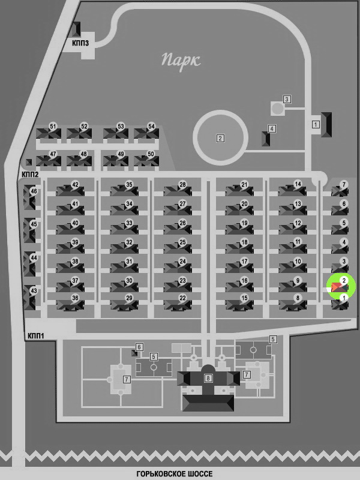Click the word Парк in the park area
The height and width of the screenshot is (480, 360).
click(x=181, y=62)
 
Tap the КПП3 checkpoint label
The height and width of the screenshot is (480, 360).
click(x=80, y=43)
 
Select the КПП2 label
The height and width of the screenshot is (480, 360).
click(x=30, y=175)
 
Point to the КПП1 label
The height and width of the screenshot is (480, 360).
click(x=36, y=336)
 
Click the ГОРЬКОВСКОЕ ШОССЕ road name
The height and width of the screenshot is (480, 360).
click(x=175, y=474)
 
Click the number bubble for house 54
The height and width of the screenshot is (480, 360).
click(x=151, y=127)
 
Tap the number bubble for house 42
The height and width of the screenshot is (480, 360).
click(x=75, y=185)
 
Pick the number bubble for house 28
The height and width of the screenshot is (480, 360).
click(x=182, y=185)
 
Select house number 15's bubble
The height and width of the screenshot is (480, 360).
click(x=244, y=298)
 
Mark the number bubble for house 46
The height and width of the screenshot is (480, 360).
click(x=34, y=191)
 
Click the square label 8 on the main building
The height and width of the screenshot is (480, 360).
click(x=208, y=378)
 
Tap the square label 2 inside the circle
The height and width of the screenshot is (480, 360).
click(x=220, y=139)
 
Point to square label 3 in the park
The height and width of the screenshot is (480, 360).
click(x=287, y=99)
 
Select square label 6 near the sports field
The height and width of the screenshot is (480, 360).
click(x=139, y=347)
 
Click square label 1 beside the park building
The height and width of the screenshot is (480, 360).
click(x=316, y=125)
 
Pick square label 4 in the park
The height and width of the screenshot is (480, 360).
click(x=272, y=128)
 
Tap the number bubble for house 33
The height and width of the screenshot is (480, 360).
click(x=129, y=223)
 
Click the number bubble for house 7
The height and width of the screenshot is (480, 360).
click(x=344, y=185)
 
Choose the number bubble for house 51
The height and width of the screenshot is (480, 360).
click(x=53, y=127)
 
